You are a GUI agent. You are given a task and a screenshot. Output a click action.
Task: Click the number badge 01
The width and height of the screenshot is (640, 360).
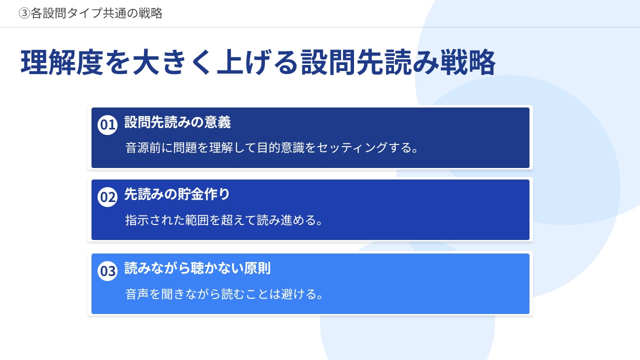pos(107,125)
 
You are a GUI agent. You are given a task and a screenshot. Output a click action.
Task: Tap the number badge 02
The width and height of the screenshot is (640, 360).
pos(107,197)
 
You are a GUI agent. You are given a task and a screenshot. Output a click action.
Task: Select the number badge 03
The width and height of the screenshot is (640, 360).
pos(107,271)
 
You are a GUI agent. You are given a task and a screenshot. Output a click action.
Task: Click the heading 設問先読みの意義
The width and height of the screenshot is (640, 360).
pos(177,122)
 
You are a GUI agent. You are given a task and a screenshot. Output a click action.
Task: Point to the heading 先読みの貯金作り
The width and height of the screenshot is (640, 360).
pos(177,194)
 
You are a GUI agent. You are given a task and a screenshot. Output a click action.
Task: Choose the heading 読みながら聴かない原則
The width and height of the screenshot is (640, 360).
pos(197,268)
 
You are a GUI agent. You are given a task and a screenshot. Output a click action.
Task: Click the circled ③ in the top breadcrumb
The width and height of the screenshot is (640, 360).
pos(24,13)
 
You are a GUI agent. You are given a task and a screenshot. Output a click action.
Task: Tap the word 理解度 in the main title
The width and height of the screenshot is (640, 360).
pos(61,62)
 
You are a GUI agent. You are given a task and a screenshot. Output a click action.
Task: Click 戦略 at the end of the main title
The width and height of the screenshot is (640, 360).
pos(467,62)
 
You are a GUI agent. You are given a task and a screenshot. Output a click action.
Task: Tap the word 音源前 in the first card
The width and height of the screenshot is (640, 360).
pos(143,148)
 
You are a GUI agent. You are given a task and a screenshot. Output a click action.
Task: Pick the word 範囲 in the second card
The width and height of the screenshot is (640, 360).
pos(197,220)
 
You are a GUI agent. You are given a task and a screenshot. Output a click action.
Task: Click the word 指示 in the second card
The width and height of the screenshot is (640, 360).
pos(137,220)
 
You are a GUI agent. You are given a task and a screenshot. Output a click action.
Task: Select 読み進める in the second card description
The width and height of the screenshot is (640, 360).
pos(286,220)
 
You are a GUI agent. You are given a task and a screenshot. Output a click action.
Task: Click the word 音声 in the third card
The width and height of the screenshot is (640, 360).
pos(137,294)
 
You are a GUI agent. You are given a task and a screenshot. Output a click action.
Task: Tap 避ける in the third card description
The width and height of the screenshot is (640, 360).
pos(298,294)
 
